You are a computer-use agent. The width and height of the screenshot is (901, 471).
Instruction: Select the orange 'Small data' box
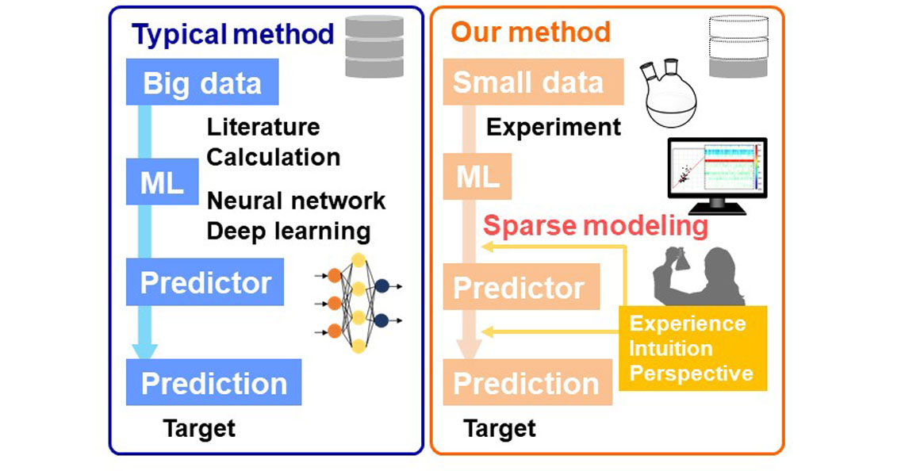(x=527, y=83)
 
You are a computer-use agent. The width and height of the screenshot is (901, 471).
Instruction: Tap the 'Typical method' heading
(x=232, y=35)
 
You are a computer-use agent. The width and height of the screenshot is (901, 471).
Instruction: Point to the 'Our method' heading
(x=531, y=33)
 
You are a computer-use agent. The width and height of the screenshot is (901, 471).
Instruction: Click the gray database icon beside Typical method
(x=374, y=47)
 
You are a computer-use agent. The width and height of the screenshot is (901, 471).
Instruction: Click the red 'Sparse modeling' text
(x=596, y=226)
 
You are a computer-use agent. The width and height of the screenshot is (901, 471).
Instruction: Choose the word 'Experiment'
(x=553, y=127)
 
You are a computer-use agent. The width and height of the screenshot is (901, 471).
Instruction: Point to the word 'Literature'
(x=263, y=127)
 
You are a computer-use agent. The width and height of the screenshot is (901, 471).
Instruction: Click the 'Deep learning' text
(x=289, y=231)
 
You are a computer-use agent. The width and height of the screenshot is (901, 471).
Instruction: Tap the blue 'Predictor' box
(x=205, y=283)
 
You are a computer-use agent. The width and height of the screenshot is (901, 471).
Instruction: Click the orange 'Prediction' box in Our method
(x=526, y=384)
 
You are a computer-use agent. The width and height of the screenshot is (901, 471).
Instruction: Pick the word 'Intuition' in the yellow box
(x=670, y=348)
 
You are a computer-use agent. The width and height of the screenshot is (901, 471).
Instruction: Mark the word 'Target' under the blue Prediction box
(x=199, y=429)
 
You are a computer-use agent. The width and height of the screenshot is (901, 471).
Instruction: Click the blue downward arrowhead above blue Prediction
(x=144, y=348)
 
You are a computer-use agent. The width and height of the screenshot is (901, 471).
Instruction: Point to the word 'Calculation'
(x=274, y=157)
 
